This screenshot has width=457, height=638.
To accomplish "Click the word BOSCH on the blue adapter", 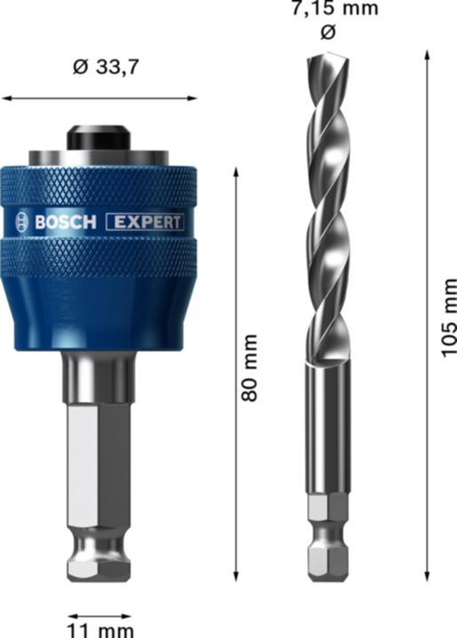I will pyautogui.click(x=64, y=222).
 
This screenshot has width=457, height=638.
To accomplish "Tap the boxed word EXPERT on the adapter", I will pyautogui.click(x=145, y=222).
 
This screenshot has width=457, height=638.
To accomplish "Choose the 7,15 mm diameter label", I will pyautogui.click(x=328, y=9).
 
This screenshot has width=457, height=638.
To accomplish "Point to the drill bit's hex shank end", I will pyautogui.click(x=326, y=541).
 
